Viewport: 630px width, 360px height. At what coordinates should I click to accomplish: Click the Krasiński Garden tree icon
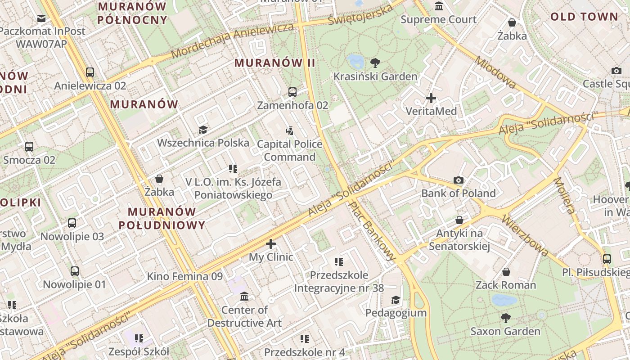point(375,63)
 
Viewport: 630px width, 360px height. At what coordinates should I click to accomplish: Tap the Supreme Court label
point(438,19)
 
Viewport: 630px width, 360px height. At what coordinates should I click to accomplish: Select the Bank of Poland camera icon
point(459,180)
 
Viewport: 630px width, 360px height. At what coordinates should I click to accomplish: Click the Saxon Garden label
point(505,331)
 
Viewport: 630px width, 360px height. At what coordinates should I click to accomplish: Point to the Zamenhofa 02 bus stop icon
point(292,92)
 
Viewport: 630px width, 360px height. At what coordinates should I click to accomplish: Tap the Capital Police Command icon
point(290,131)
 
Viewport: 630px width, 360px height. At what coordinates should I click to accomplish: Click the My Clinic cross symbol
point(271,244)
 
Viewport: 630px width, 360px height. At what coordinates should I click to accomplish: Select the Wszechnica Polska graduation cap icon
point(203,130)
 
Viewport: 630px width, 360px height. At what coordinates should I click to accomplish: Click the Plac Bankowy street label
point(372,231)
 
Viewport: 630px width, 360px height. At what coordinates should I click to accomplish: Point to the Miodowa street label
point(495,72)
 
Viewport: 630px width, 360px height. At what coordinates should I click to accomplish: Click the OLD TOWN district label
point(584,17)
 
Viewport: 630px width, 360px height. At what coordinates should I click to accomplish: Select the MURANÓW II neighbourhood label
point(275,63)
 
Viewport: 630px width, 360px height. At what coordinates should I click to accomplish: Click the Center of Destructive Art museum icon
point(244,297)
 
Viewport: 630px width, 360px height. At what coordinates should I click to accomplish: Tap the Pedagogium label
point(396,313)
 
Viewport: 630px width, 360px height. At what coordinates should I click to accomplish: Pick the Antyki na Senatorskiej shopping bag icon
point(459,220)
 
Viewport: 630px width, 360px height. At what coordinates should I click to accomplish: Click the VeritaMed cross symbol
point(431,98)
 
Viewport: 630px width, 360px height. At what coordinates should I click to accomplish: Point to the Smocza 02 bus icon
point(29,147)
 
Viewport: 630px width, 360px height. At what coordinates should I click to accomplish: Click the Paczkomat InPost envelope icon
point(41,18)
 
